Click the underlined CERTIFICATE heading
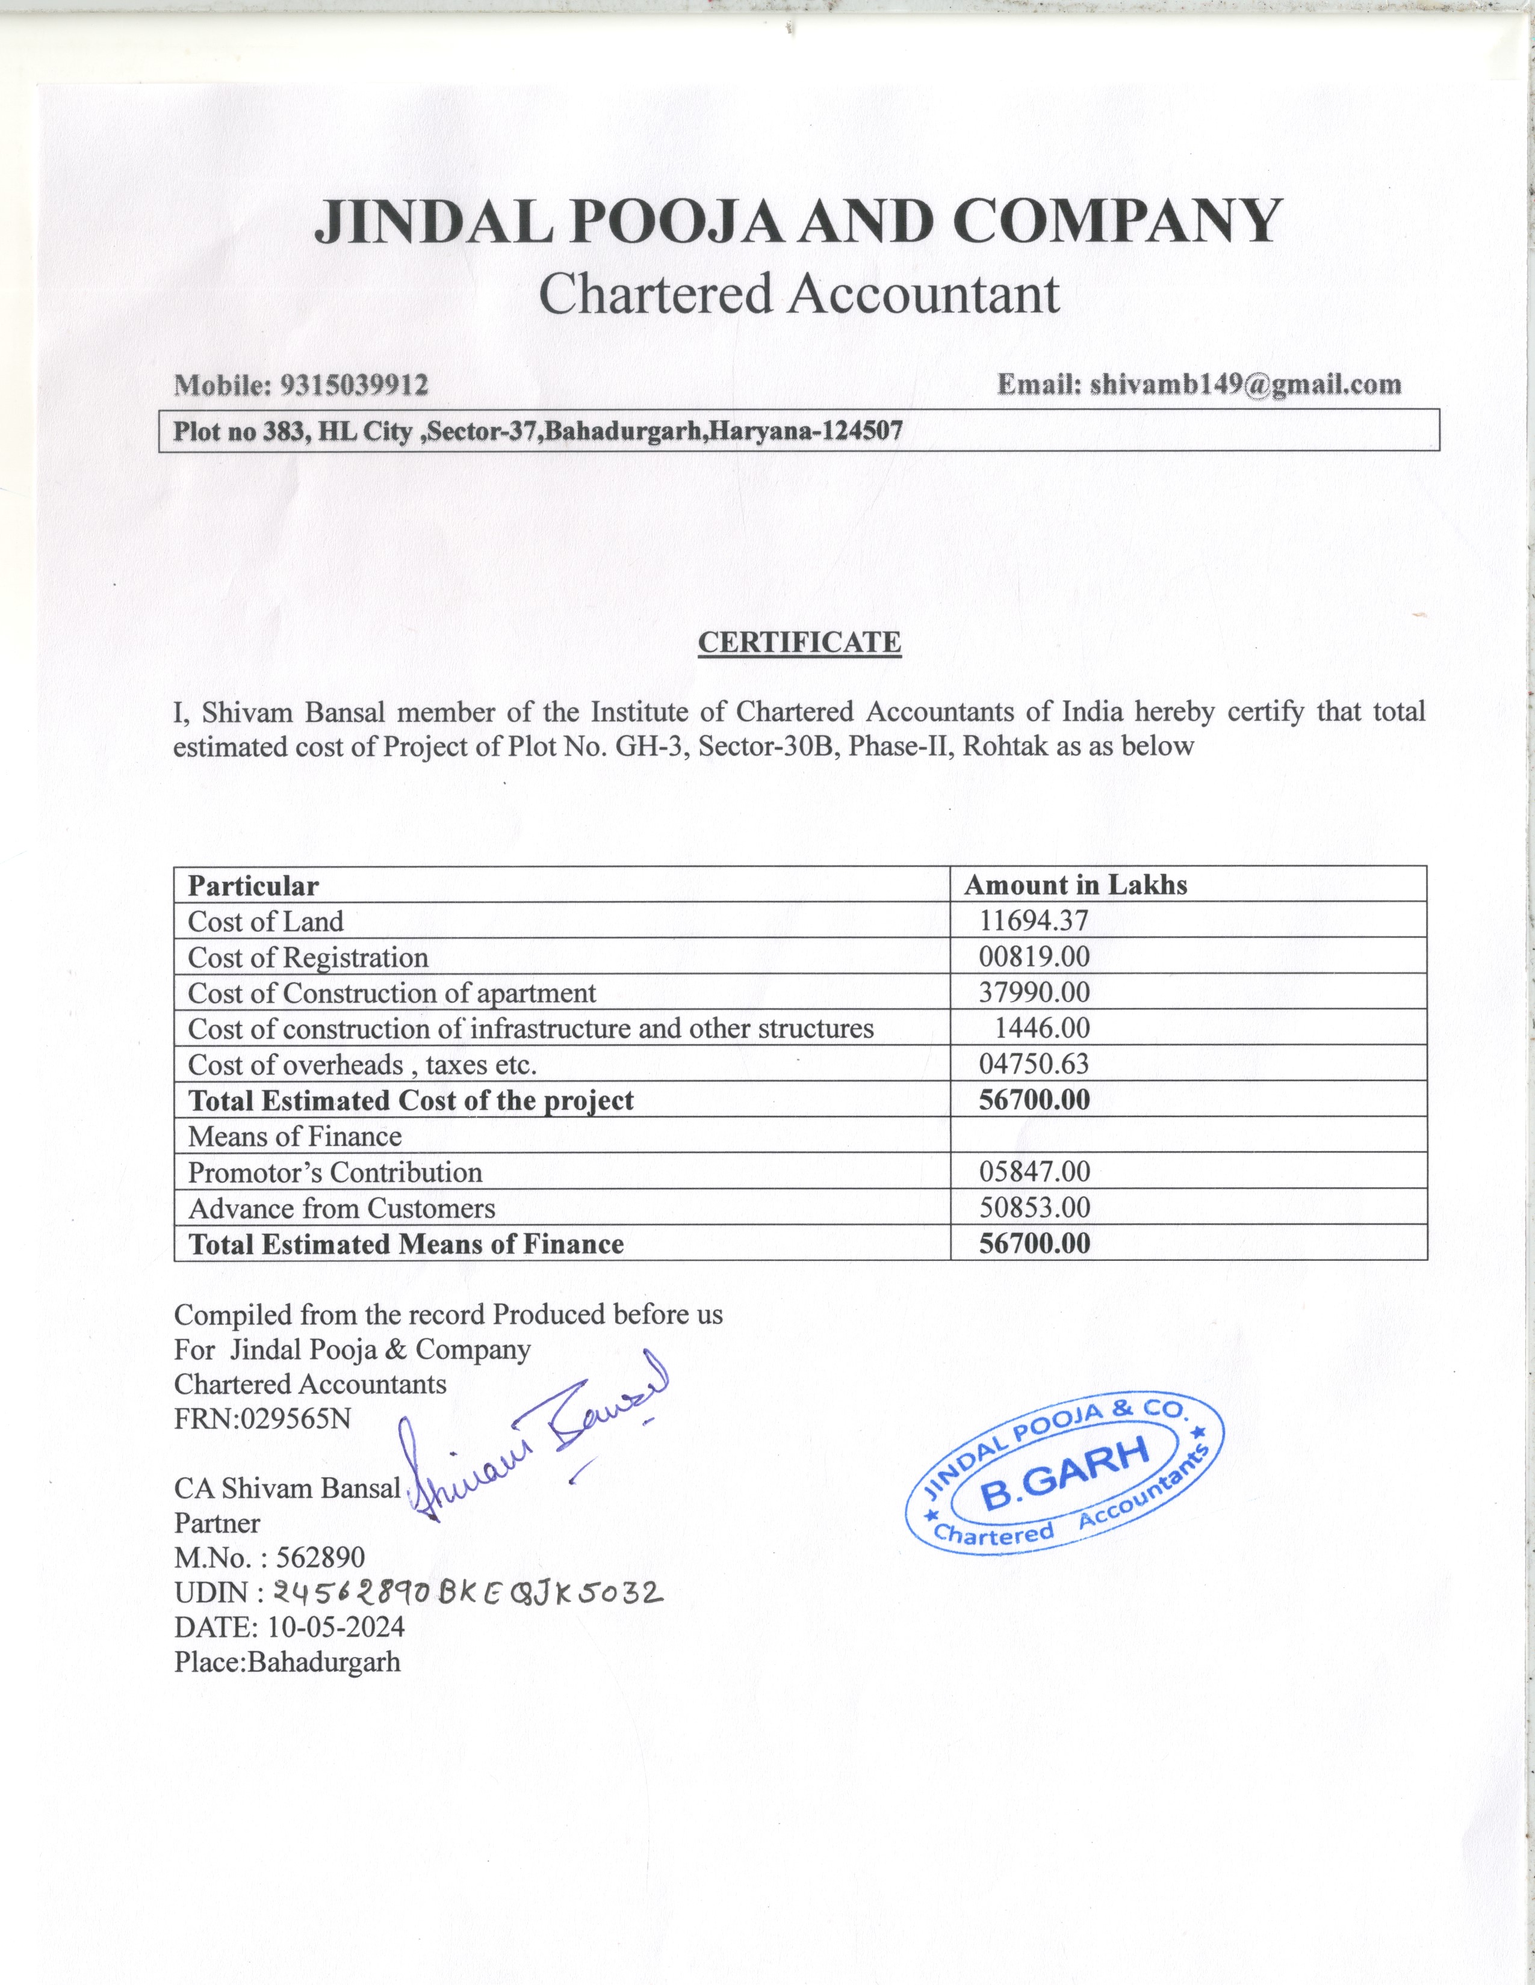coord(799,642)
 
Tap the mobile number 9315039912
coord(354,386)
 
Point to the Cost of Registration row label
coord(308,957)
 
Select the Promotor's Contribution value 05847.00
coord(1034,1172)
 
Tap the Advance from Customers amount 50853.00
coord(1034,1208)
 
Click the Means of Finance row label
coord(294,1136)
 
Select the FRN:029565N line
coord(262,1419)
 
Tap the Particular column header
coord(253,885)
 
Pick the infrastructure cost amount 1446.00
coord(1041,1028)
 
